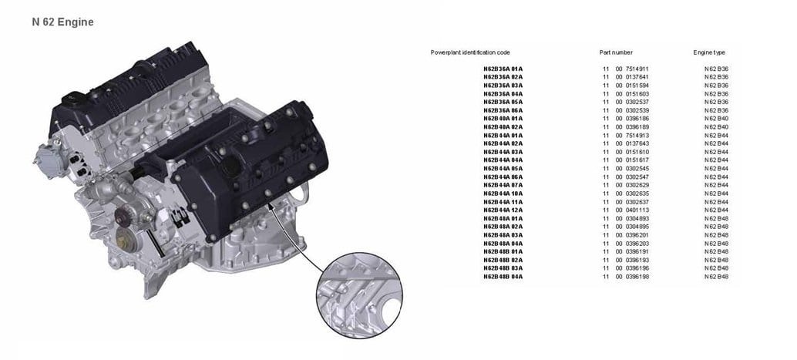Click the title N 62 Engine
62,22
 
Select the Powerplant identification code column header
470,52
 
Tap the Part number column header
616,52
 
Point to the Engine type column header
709,52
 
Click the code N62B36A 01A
503,69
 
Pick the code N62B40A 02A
503,126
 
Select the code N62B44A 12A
503,210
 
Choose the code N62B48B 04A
503,277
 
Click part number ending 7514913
626,135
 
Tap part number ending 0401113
626,210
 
